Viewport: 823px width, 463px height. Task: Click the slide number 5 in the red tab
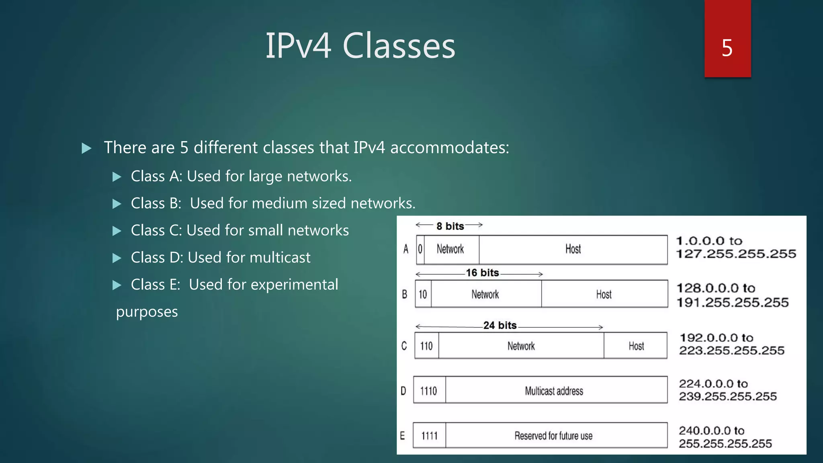[x=727, y=48]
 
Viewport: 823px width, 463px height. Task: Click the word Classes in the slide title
[x=399, y=46]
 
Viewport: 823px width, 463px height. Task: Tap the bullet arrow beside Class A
[x=117, y=177]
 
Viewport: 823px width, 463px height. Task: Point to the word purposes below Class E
[x=147, y=312]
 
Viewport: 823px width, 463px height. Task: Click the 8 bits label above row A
[x=450, y=226]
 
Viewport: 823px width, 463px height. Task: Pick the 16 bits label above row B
[x=482, y=273]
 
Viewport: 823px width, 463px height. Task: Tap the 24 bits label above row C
[x=500, y=325]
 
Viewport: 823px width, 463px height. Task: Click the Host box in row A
[x=573, y=250]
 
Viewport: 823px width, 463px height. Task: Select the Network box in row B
[x=485, y=294]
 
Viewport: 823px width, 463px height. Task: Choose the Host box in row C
[x=636, y=346]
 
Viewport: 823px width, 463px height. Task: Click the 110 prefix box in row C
[x=426, y=346]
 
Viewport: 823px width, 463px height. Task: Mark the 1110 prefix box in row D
[x=429, y=391]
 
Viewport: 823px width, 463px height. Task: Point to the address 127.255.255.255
[x=736, y=254]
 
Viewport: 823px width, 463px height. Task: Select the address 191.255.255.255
[x=733, y=302]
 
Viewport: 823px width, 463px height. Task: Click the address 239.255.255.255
[x=728, y=396]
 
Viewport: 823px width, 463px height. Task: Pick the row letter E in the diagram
[x=402, y=436]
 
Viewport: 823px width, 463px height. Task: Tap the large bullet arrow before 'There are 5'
[x=86, y=148]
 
